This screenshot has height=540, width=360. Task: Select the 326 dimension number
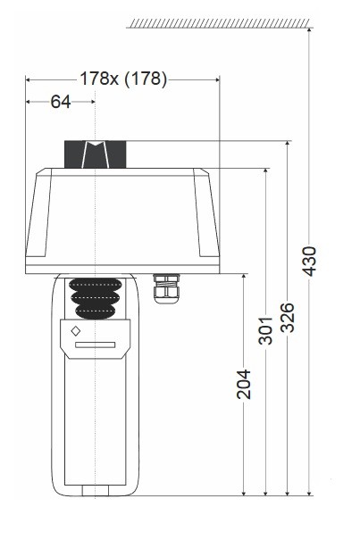[288, 317]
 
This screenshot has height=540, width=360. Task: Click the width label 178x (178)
[122, 79]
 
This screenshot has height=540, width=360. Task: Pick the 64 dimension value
[60, 102]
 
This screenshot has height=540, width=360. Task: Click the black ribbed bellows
[95, 297]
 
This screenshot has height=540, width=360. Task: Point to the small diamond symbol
[76, 330]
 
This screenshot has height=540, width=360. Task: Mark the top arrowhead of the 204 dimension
[244, 279]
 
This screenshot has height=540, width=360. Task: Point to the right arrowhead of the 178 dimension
[216, 79]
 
